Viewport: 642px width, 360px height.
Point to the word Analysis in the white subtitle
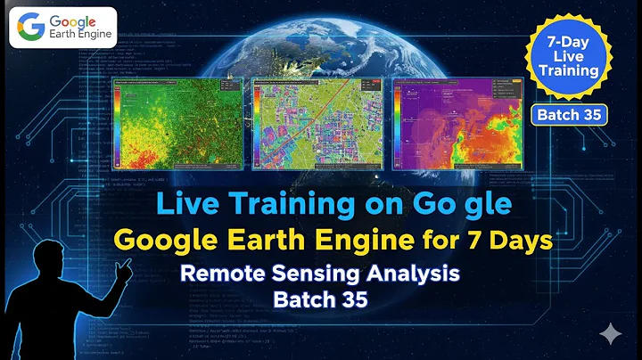415,274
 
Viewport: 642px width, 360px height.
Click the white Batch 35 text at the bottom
320,300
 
